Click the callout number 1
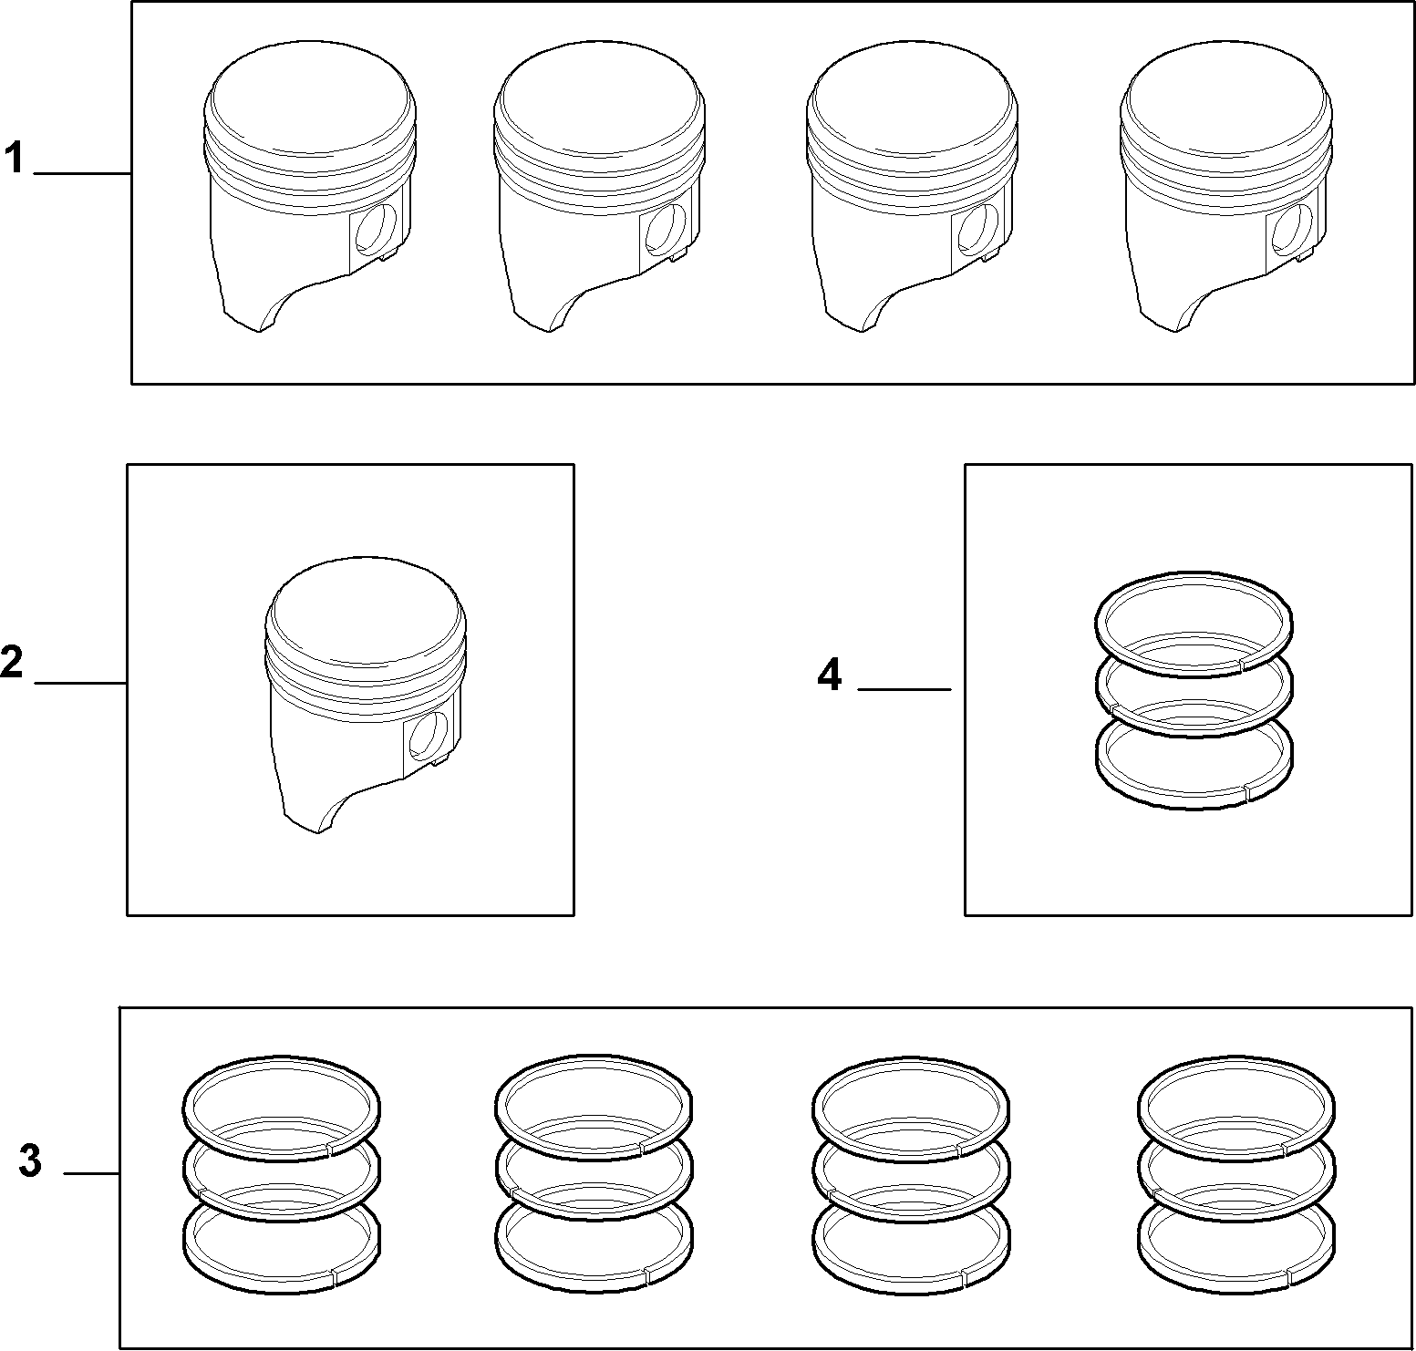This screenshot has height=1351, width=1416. tap(14, 159)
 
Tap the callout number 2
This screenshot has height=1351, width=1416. tap(12, 663)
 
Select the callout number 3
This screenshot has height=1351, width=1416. tap(30, 1162)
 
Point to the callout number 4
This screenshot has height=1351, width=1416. tap(829, 675)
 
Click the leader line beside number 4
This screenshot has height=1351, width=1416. tap(904, 689)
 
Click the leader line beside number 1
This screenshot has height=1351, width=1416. tap(82, 173)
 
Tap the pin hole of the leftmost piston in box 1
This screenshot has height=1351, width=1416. tap(376, 228)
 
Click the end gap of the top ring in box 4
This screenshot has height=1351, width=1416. tap(1243, 665)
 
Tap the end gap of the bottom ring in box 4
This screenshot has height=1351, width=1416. tap(1245, 791)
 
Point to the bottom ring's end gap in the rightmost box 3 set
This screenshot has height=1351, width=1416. tap(1287, 1275)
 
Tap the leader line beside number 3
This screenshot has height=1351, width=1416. tap(91, 1173)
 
